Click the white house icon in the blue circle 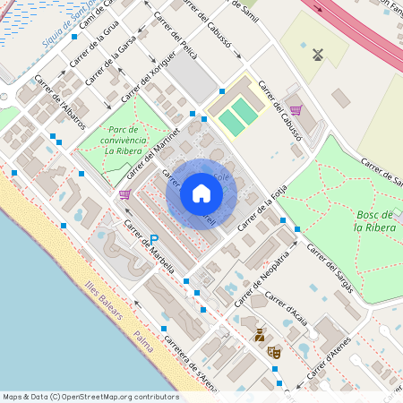[x=201, y=193]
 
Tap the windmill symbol [x=316, y=54]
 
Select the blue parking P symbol [x=154, y=239]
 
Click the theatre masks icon [x=274, y=353]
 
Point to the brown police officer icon [x=260, y=335]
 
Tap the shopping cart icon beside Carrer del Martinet [x=124, y=193]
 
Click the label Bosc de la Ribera [x=373, y=221]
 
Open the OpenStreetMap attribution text [x=79, y=397]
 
